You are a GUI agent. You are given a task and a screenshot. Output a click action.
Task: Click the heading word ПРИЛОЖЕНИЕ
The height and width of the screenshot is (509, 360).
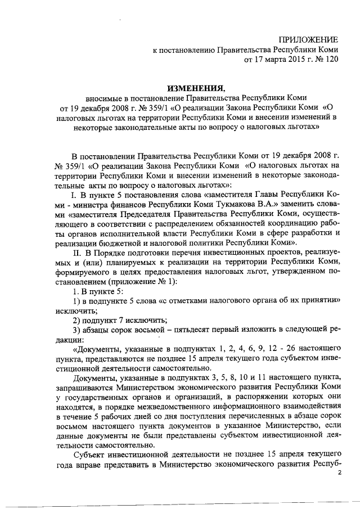309,40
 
